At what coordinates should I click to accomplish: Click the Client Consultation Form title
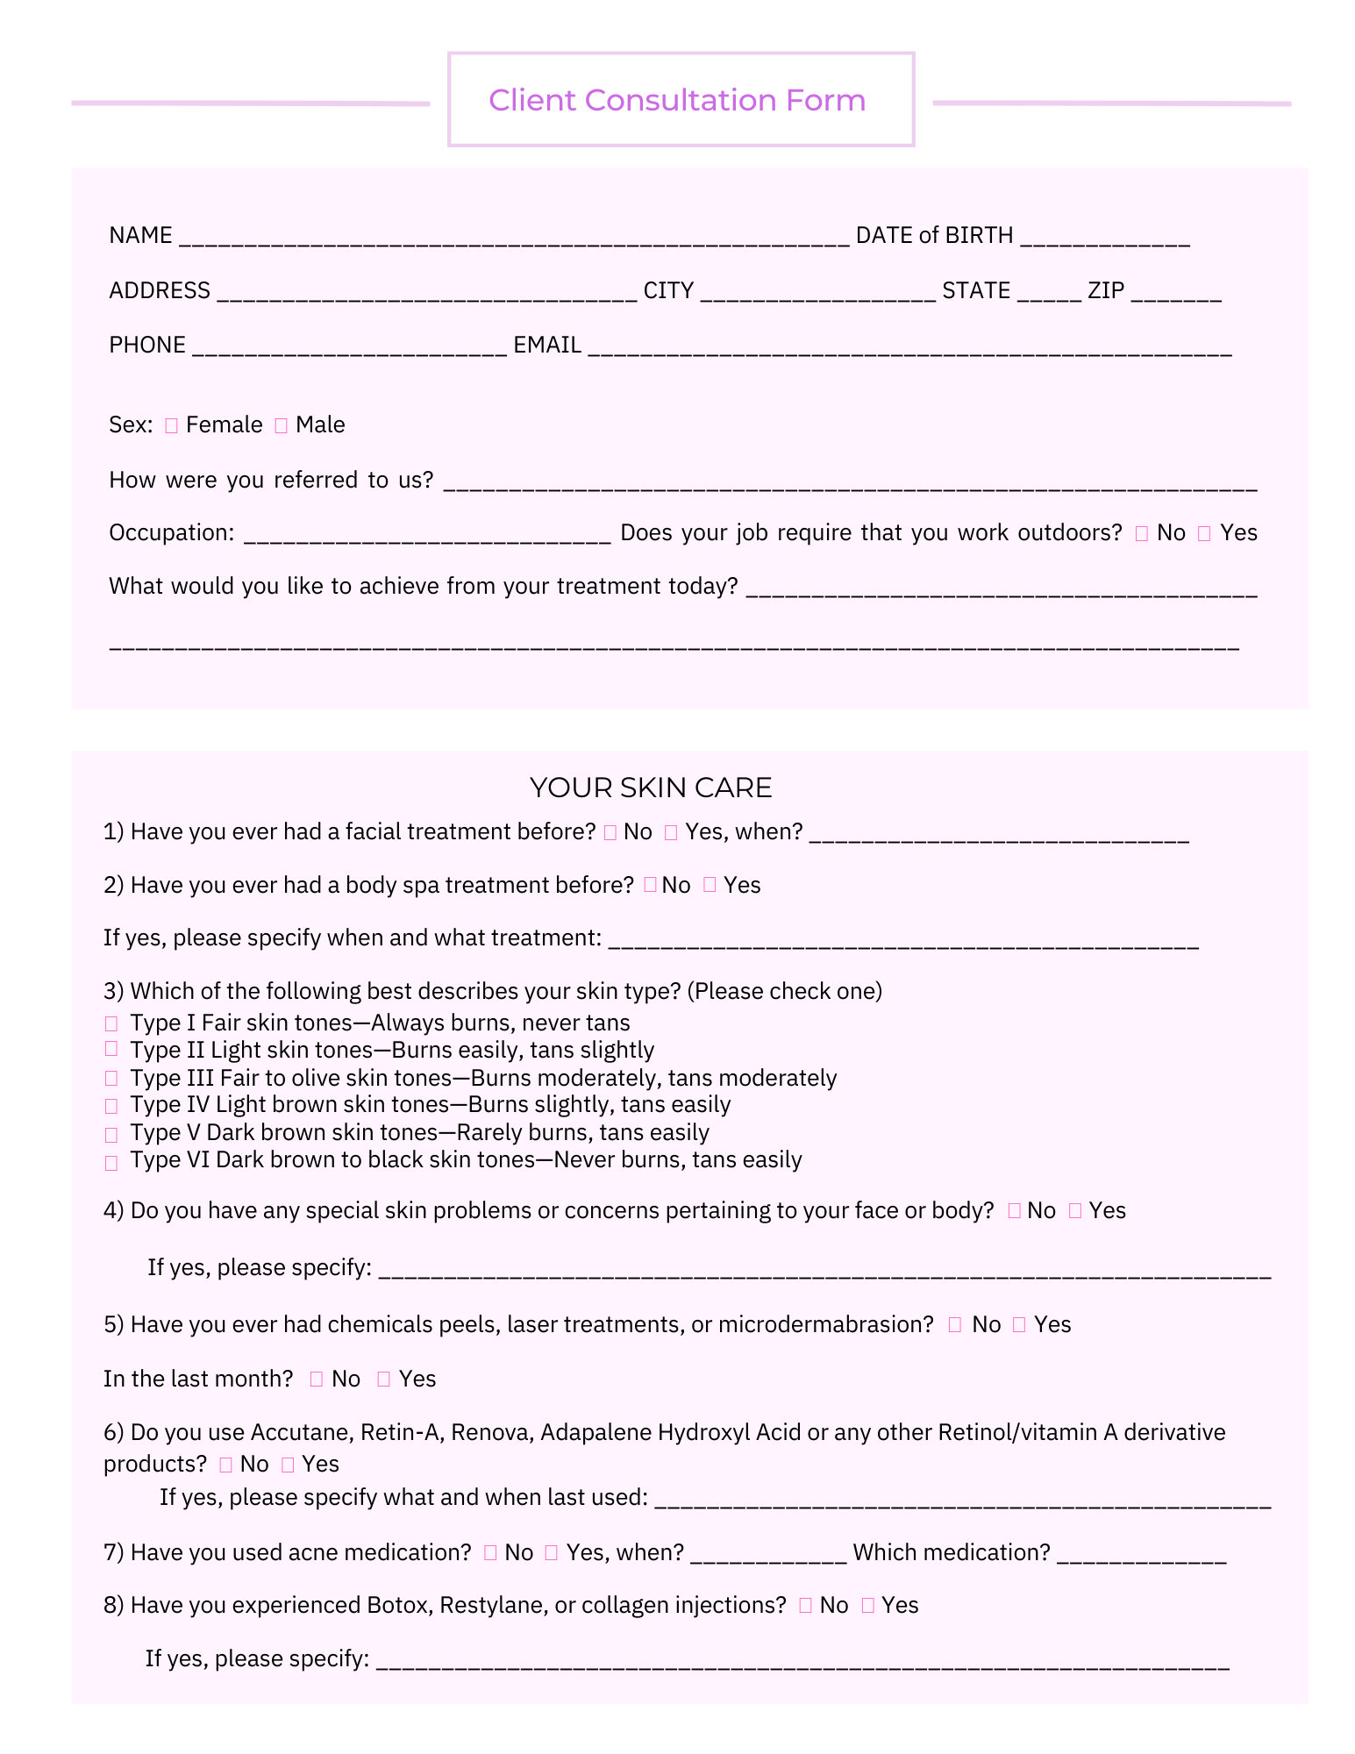676,100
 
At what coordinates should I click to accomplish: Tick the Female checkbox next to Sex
171,425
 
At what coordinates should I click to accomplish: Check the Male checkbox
281,425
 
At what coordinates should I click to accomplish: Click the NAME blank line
513,239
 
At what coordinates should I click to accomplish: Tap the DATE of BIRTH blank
1105,239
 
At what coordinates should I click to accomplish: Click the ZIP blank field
1175,294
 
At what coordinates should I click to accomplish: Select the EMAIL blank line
909,348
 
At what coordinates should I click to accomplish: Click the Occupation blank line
426,536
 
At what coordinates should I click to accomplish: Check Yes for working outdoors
1204,533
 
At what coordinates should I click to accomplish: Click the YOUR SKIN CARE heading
650,788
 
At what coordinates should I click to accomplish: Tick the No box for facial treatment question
610,832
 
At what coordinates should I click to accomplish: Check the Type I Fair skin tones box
111,1023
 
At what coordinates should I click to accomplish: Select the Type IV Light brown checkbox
111,1106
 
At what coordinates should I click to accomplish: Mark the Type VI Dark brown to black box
111,1163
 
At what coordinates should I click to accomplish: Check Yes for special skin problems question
1075,1211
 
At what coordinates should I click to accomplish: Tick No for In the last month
317,1380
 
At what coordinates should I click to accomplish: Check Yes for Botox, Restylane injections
868,1605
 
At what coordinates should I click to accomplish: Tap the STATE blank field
1049,294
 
